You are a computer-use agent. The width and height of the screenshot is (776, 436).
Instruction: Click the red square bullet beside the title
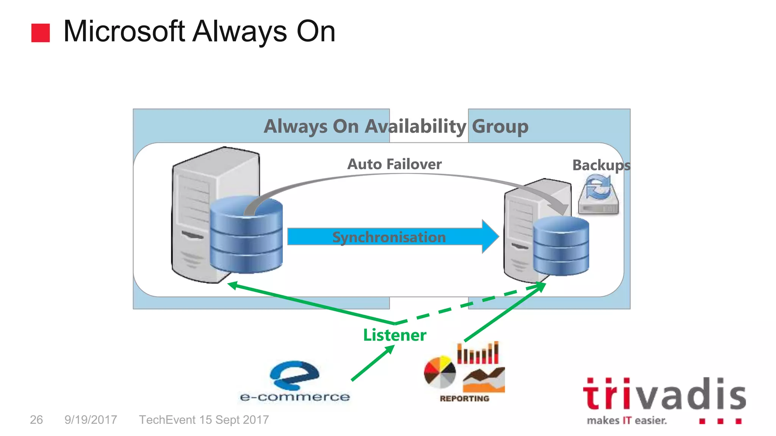pyautogui.click(x=40, y=33)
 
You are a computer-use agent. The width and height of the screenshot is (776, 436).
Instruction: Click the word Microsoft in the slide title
pyautogui.click(x=124, y=31)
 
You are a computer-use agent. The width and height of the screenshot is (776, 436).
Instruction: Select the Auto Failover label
pyautogui.click(x=394, y=164)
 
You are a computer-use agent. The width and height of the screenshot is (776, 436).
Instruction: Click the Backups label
pyautogui.click(x=601, y=165)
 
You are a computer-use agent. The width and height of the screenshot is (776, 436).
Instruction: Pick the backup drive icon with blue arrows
pyautogui.click(x=598, y=195)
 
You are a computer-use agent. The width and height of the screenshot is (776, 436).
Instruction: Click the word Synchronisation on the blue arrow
pyautogui.click(x=389, y=237)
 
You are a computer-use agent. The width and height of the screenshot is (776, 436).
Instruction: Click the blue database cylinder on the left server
pyautogui.click(x=246, y=235)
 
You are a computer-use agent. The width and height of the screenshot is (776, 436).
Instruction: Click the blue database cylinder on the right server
pyautogui.click(x=561, y=246)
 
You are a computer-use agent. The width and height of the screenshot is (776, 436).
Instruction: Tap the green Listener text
pyautogui.click(x=394, y=335)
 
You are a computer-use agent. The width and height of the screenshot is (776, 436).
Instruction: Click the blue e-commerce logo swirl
pyautogui.click(x=294, y=375)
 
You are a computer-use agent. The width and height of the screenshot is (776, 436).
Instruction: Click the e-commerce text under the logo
pyautogui.click(x=295, y=397)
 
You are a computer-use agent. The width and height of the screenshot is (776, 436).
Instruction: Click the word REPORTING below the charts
pyautogui.click(x=464, y=399)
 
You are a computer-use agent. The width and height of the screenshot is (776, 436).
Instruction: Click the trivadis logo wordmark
pyautogui.click(x=664, y=394)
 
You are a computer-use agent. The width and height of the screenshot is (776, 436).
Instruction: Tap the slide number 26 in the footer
pyautogui.click(x=36, y=420)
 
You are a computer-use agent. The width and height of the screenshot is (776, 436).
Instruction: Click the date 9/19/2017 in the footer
pyautogui.click(x=91, y=420)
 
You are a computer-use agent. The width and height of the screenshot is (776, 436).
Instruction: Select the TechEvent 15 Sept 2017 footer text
pyautogui.click(x=204, y=420)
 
